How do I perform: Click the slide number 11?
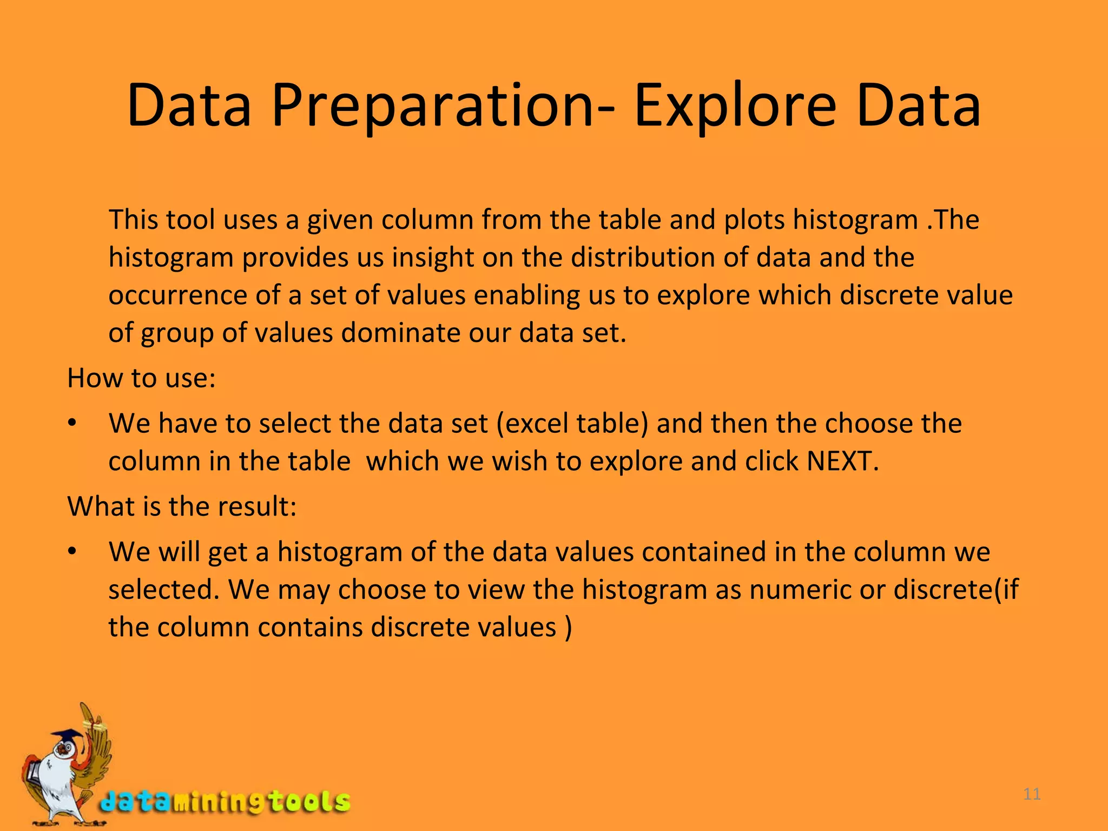tap(1032, 794)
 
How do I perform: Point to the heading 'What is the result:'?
tap(182, 506)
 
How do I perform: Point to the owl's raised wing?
tap(97, 741)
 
